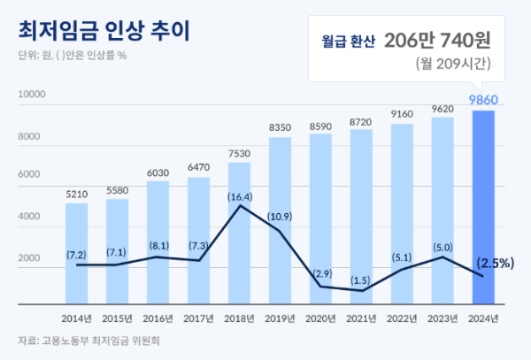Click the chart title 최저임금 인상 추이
tap(104, 29)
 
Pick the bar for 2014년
tap(77, 252)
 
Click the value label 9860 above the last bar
tap(482, 99)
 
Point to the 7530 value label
tap(240, 152)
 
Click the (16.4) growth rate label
tap(240, 196)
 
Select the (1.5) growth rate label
tap(361, 280)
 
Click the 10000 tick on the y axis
tap(32, 94)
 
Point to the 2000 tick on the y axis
tap(32, 259)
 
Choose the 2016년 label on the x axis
tap(158, 318)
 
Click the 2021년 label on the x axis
tap(361, 318)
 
